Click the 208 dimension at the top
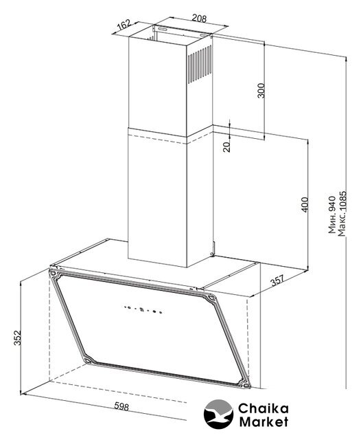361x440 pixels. [x=199, y=19]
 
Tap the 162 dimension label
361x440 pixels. [x=124, y=25]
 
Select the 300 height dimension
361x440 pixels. [x=261, y=90]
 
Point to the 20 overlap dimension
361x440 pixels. [x=226, y=146]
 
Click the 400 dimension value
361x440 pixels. [x=305, y=205]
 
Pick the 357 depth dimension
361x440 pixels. [x=277, y=280]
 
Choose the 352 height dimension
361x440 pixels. [x=17, y=338]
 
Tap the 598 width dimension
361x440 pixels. [x=121, y=406]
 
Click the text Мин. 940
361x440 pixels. [x=332, y=215]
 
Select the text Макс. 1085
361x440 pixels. [x=342, y=214]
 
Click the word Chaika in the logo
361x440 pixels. [x=264, y=408]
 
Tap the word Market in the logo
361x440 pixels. [x=264, y=421]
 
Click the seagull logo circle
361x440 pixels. [x=218, y=414]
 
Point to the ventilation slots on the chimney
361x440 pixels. [x=200, y=64]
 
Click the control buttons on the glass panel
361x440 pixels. [x=143, y=309]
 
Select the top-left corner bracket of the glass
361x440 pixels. [x=55, y=274]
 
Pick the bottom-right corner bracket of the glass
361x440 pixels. [x=244, y=383]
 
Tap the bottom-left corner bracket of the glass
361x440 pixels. [x=89, y=359]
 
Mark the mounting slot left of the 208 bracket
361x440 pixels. [x=163, y=28]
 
